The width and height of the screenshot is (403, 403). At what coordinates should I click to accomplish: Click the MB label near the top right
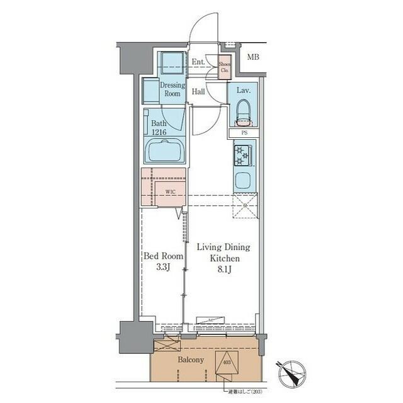pos(253,57)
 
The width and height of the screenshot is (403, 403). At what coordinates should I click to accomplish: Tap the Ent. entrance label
pos(198,62)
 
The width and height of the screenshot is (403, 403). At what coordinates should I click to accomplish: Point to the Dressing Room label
pos(172,89)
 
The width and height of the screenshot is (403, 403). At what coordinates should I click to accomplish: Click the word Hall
pos(198,91)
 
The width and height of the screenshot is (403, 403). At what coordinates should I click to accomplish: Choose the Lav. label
pos(244,91)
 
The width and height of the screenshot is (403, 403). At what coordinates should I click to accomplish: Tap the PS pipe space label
pos(244,133)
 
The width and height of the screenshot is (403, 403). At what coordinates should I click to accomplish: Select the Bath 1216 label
pos(159,128)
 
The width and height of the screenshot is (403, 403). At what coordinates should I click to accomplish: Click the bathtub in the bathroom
pos(165,151)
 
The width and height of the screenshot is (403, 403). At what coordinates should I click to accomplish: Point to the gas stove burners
pos(243,155)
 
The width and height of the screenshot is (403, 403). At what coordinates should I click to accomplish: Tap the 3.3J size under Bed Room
pos(163,266)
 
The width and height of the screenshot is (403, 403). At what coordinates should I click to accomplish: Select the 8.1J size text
pos(225,269)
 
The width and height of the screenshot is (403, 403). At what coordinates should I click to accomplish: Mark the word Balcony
pos(190,360)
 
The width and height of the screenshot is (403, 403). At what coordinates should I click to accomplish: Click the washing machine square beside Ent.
pos(171,64)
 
